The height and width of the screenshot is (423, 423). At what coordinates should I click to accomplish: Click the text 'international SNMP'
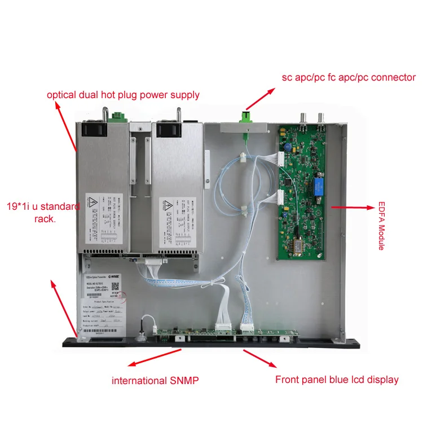pos(155,381)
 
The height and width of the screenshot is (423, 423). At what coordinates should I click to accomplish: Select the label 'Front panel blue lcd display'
pos(337,380)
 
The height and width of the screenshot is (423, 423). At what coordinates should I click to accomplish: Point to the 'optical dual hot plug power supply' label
pos(123,94)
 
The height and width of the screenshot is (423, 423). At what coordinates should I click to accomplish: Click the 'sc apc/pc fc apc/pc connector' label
pos(349,77)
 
